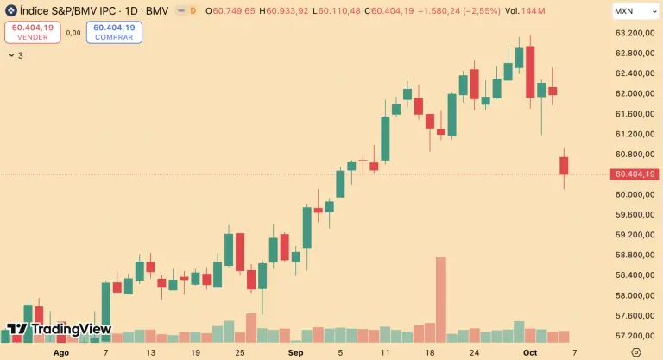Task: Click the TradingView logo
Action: pos(60,329)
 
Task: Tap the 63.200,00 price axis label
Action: pos(633,33)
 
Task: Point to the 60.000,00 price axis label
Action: pos(633,194)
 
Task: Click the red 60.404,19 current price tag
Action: pos(634,174)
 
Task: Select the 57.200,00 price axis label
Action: pos(633,336)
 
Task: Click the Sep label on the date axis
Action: pos(296,352)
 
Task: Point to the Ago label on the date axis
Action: pos(60,352)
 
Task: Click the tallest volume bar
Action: pos(440,299)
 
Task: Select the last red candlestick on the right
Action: pos(564,166)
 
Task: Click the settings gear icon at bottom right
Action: pos(635,352)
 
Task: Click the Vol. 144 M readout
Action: pos(522,10)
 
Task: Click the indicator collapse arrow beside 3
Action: pos(10,55)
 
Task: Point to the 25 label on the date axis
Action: pos(239,352)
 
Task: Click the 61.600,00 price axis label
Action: pos(633,114)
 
